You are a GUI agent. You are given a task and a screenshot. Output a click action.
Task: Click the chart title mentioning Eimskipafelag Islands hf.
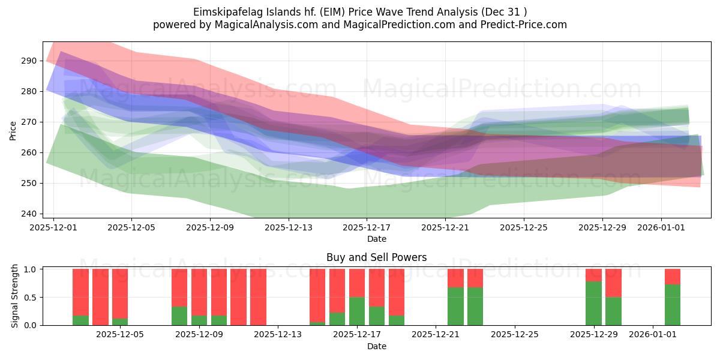[x=360, y=12]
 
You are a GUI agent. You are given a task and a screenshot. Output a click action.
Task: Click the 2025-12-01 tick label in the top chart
[x=53, y=228]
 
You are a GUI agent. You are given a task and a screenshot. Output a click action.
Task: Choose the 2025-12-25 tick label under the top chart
[x=524, y=228]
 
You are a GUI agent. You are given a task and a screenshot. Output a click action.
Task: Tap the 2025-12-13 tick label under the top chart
[x=289, y=228]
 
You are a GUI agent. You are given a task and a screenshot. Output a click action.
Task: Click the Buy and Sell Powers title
[x=376, y=257]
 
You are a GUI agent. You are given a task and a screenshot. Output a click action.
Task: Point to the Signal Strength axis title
[x=15, y=297]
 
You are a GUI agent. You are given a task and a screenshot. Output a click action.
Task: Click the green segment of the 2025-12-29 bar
[x=593, y=304]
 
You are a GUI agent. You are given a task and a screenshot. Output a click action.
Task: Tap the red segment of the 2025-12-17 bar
[x=357, y=283]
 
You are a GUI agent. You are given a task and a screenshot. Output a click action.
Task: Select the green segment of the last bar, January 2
[x=673, y=305]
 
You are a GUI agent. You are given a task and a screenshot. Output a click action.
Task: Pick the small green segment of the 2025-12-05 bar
[x=120, y=322]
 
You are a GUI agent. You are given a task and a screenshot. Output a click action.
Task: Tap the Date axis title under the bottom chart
[x=376, y=346]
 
